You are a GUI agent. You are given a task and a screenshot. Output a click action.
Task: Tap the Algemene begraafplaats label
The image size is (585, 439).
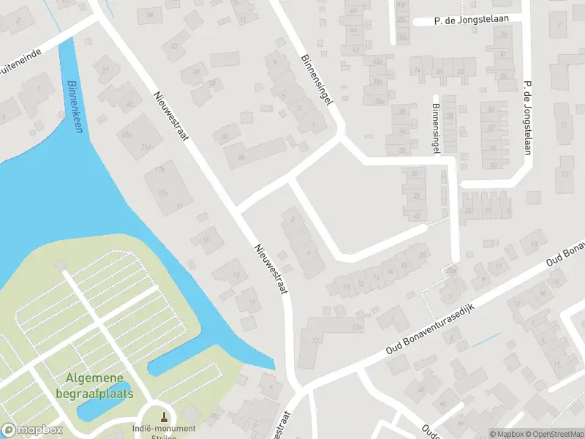pyautogui.click(x=99, y=385)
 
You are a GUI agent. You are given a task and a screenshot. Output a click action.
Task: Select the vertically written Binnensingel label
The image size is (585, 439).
pyautogui.click(x=435, y=128)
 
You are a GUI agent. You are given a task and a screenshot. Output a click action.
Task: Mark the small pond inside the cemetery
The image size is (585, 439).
pyautogui.click(x=103, y=401)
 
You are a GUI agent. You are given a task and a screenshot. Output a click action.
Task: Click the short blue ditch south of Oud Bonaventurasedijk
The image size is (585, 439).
pyautogui.click(x=486, y=340)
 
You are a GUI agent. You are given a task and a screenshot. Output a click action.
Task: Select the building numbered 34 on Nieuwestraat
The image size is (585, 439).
pyautogui.click(x=151, y=15)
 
